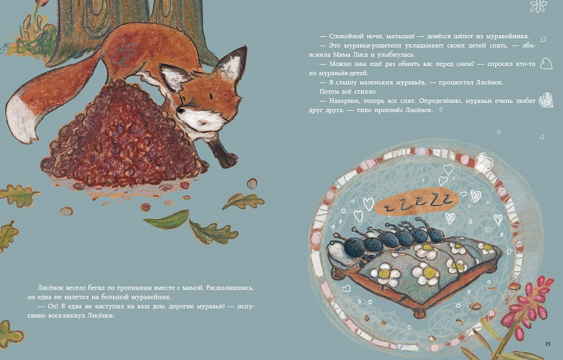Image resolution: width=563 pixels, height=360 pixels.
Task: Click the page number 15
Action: pos(548,344)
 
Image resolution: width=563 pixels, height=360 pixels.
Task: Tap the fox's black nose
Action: pos(179,111)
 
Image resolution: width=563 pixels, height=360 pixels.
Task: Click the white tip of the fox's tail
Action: pos(21,120)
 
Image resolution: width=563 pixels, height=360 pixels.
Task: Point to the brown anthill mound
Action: pos(119,136)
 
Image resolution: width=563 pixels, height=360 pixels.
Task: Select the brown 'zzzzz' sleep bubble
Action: pos(416,204)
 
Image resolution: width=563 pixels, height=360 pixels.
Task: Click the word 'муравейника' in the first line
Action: pos(508,36)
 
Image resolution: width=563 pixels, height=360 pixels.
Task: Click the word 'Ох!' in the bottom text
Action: pos(53,307)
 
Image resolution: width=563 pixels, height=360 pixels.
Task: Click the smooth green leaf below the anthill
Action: pos(167,220)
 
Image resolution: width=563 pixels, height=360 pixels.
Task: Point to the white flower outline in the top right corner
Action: pos(538,6)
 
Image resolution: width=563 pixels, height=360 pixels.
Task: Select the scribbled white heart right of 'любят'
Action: pos(546,100)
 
